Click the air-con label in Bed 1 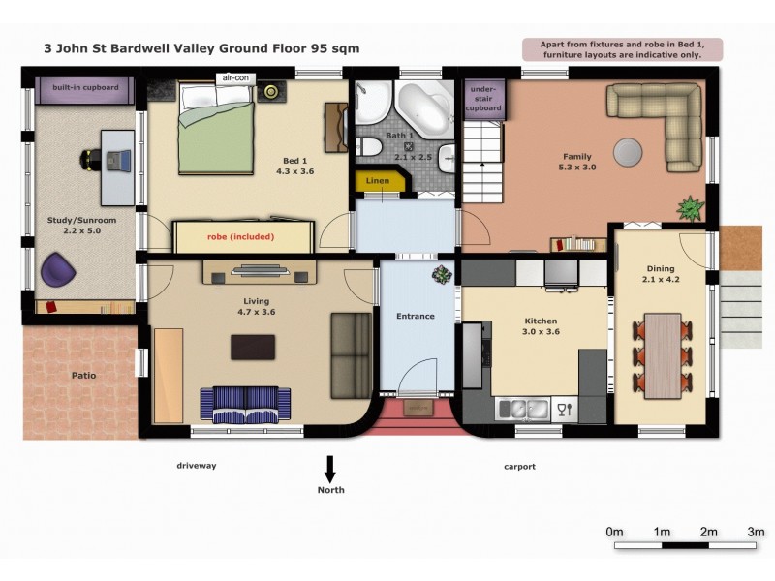[x=235, y=78]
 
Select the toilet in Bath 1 [x=368, y=147]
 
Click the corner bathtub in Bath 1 [x=425, y=109]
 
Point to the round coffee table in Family [x=628, y=151]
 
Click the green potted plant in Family [x=690, y=208]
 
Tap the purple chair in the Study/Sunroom [x=57, y=269]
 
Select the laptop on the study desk [x=119, y=160]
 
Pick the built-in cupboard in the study [x=85, y=90]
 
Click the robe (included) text [x=240, y=236]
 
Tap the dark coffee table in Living [x=253, y=347]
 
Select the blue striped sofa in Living [x=245, y=404]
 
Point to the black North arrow [x=330, y=469]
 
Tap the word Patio [x=83, y=376]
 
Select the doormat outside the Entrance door [x=418, y=408]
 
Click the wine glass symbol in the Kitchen [x=564, y=410]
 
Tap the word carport [x=519, y=467]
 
